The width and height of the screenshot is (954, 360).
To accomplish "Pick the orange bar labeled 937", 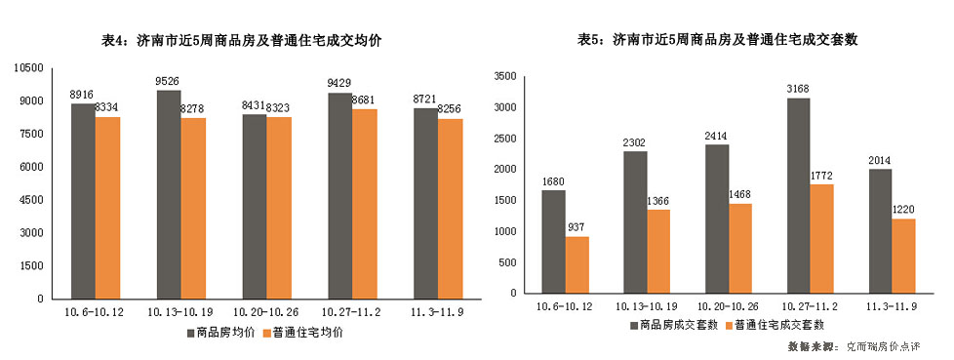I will tap(576, 263).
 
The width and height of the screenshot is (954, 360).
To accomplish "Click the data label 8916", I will tap(82, 94).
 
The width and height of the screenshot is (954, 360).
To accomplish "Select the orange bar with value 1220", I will tap(905, 255).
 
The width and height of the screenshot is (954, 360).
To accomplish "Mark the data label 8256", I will tap(451, 110).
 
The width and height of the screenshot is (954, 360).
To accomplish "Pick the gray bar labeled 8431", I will tap(254, 206).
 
